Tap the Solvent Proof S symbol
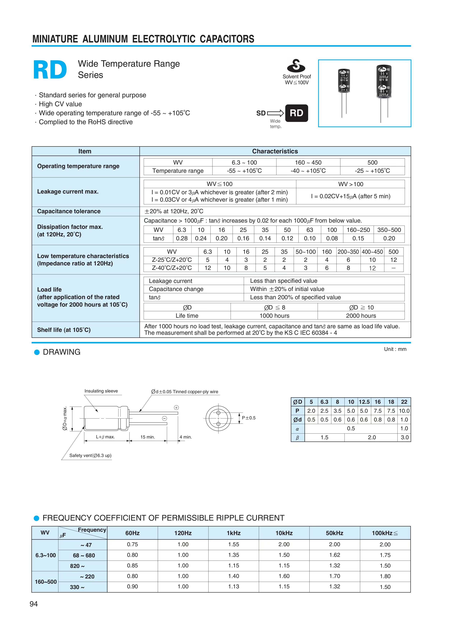click(296, 66)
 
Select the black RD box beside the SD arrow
click(296, 113)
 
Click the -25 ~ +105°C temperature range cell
click(372, 171)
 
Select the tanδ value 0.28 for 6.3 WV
click(182, 238)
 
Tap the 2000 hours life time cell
click(361, 316)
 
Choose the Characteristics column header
click(275, 151)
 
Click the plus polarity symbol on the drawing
click(176, 408)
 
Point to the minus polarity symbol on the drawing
click(164, 418)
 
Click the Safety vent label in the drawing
click(90, 455)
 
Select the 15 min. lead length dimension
click(148, 437)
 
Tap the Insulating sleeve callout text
click(101, 391)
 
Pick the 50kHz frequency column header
click(334, 533)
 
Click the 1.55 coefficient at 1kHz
click(234, 544)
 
